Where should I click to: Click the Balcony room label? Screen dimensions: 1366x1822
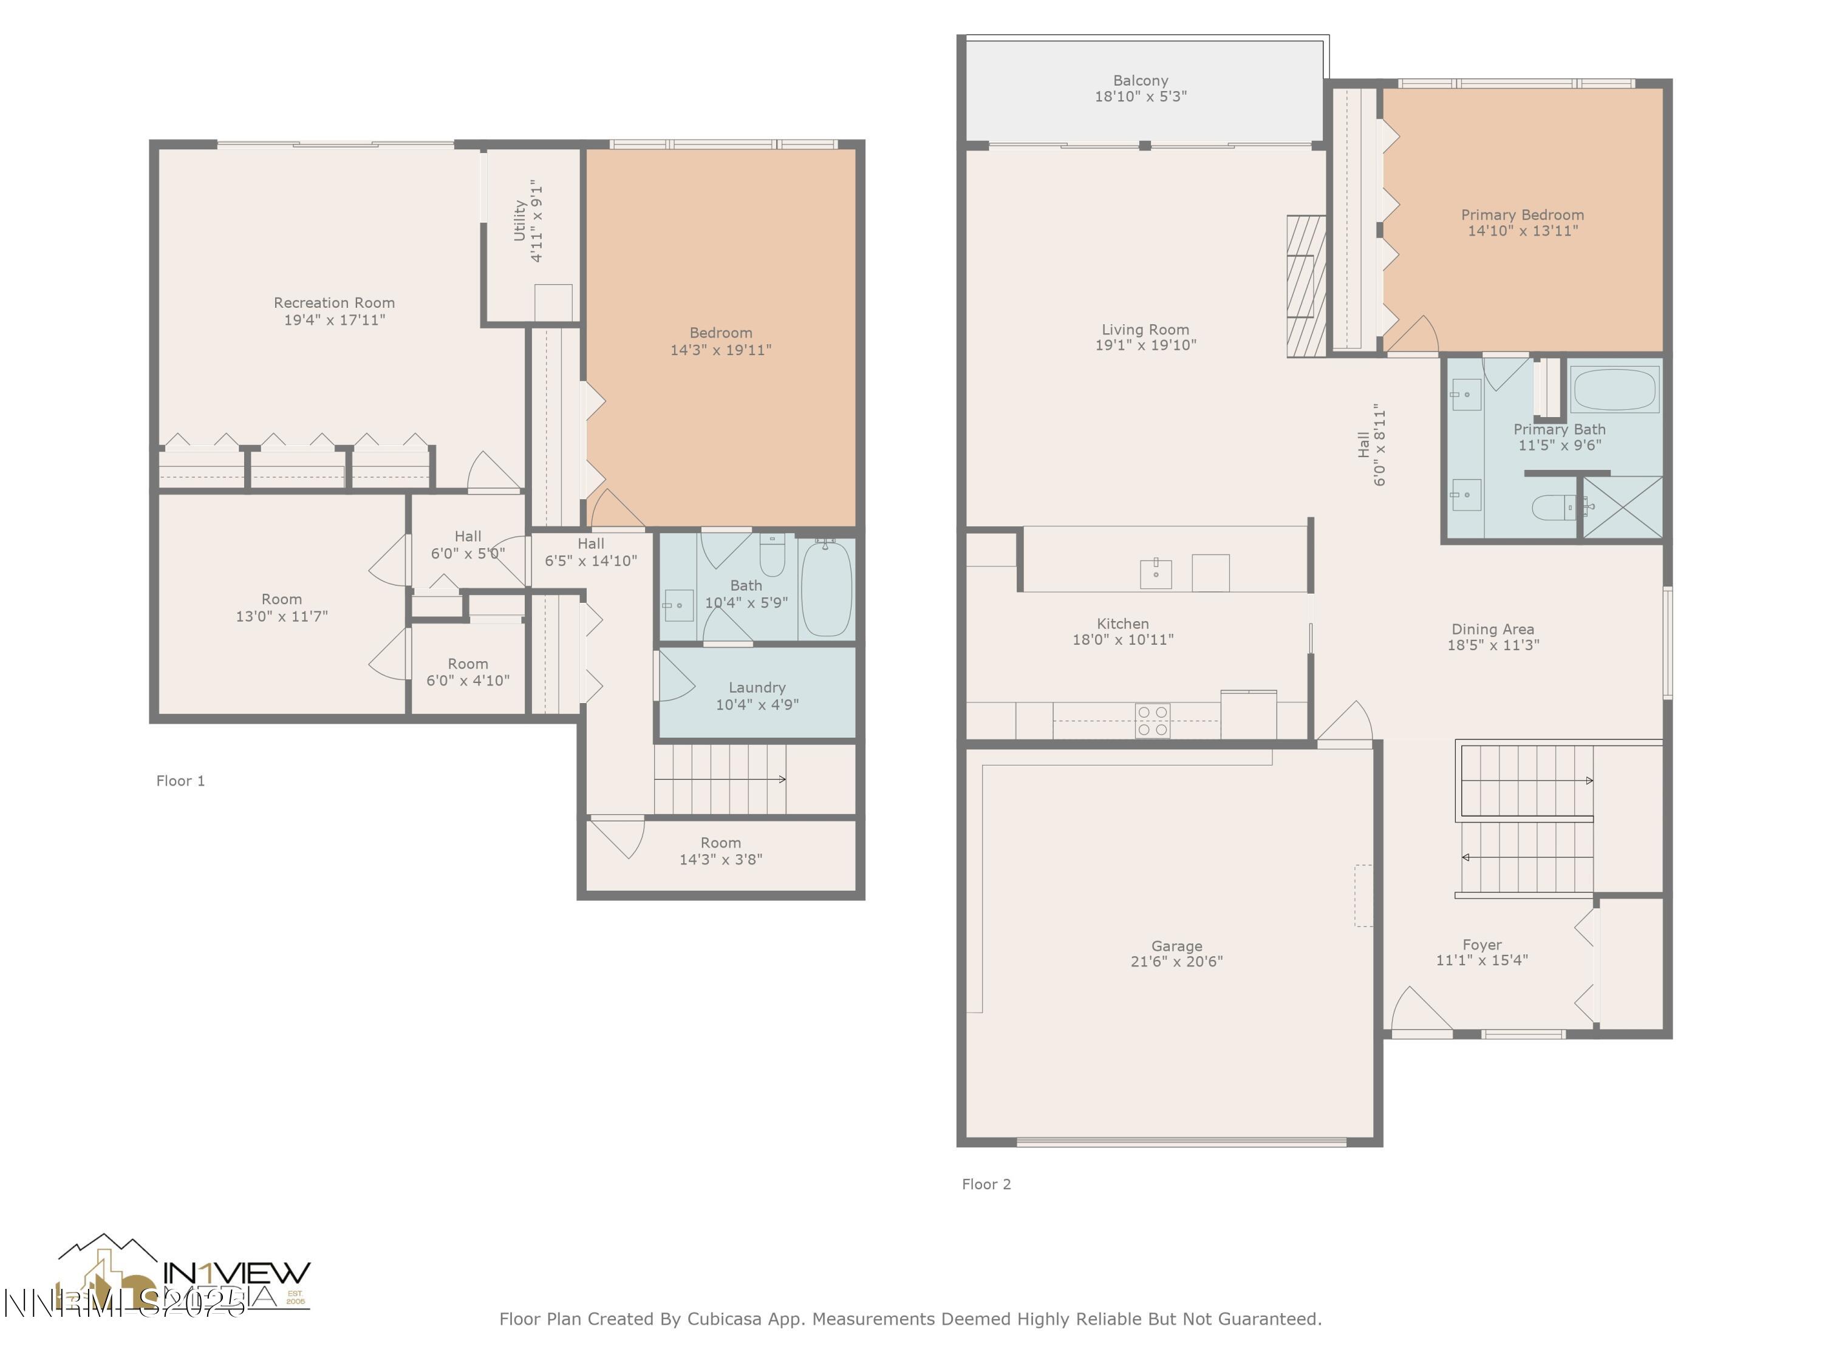tap(1140, 81)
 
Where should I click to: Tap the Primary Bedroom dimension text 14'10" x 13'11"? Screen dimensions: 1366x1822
tap(1522, 231)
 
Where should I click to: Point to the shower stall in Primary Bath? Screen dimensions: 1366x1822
tap(1622, 507)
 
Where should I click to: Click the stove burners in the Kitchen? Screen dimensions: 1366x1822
tap(1152, 721)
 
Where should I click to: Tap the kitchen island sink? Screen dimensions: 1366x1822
tap(1156, 573)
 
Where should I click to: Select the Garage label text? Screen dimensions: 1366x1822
tap(1176, 946)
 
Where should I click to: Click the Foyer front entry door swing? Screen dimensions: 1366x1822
tap(1418, 1010)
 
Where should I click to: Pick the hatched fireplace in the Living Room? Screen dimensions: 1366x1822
tap(1306, 286)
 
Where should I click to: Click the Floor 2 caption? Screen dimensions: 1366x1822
tap(986, 1184)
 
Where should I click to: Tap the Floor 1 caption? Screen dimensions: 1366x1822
tap(180, 781)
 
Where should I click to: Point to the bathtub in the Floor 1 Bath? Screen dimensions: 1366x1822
tap(826, 588)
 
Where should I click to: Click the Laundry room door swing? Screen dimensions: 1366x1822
tap(674, 678)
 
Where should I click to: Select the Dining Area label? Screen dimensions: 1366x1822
tap(1493, 629)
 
